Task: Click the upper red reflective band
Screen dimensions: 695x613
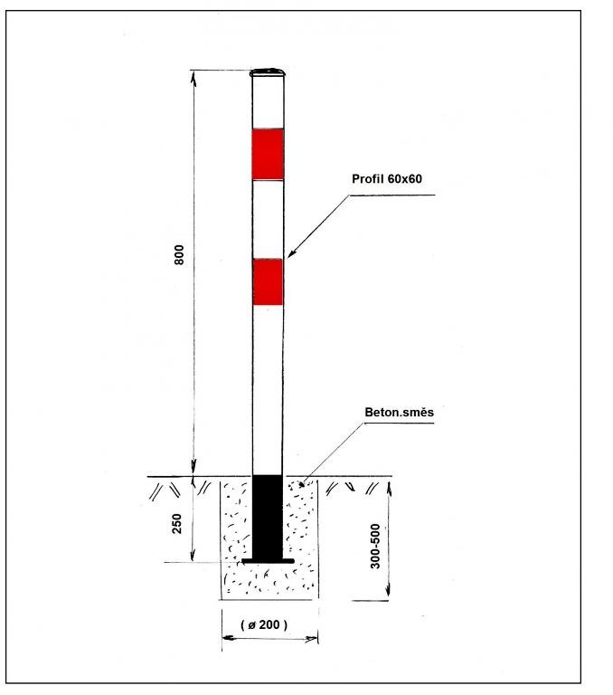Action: [x=268, y=153]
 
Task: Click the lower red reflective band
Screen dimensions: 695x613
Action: [x=268, y=281]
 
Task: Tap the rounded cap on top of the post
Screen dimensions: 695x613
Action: [x=268, y=71]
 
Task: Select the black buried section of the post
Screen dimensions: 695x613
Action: [x=268, y=517]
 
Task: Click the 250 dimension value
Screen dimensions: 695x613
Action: [x=178, y=522]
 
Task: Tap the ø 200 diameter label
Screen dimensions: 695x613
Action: [x=269, y=624]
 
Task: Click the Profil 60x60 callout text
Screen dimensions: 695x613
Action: [x=387, y=179]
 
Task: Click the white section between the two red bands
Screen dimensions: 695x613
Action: [x=268, y=218]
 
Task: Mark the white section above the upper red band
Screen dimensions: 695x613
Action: [x=268, y=104]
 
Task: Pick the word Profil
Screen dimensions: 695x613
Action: [x=367, y=179]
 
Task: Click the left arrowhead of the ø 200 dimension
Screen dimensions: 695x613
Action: [x=226, y=639]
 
